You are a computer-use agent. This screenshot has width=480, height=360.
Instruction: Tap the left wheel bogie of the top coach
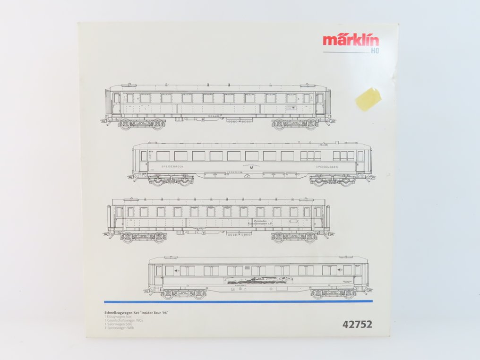click(140, 124)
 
